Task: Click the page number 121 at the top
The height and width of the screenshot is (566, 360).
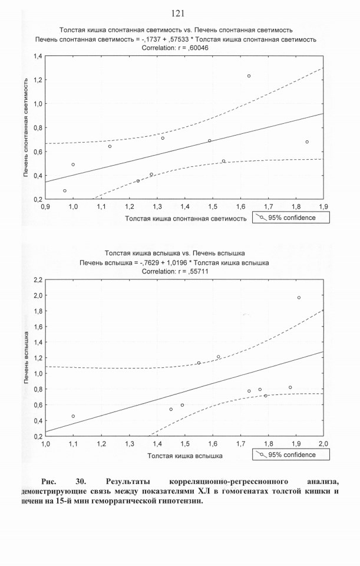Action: tap(178, 14)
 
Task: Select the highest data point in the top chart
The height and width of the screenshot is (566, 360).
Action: tap(249, 76)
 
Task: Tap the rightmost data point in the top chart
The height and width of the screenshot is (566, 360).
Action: tap(307, 142)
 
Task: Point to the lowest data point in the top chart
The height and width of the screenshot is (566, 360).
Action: tap(65, 190)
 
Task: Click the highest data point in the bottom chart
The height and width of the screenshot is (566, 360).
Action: tap(299, 297)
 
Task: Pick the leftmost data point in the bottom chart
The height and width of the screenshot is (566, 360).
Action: tap(73, 416)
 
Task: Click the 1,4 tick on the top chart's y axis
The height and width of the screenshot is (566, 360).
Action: tap(38, 56)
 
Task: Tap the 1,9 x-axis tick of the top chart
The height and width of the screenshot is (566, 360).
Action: tap(323, 207)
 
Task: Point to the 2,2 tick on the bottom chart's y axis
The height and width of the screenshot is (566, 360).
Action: tap(38, 279)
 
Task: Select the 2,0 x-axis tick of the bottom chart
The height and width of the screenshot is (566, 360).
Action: tap(323, 444)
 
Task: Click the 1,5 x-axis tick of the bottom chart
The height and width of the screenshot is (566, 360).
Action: tap(184, 444)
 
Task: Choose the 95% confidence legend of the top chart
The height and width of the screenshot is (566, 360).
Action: tap(290, 218)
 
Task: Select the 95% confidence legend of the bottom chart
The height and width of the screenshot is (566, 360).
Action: tap(290, 455)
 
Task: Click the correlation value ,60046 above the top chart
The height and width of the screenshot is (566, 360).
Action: tap(198, 48)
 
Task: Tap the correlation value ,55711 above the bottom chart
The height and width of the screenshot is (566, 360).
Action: tap(197, 271)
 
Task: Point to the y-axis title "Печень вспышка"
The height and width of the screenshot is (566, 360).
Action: tap(27, 357)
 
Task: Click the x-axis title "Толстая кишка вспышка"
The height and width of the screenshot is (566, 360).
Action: tap(184, 456)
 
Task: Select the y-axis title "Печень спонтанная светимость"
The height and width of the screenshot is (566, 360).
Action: tap(27, 128)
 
